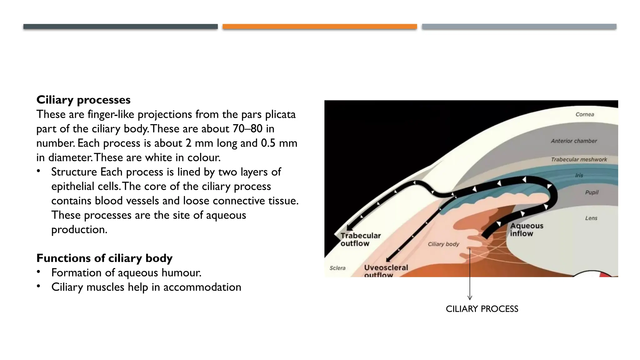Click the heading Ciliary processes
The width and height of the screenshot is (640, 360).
click(83, 100)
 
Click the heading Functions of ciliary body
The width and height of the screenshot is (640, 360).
click(104, 258)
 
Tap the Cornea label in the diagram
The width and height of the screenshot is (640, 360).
click(584, 114)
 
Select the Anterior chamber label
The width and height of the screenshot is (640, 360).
click(573, 141)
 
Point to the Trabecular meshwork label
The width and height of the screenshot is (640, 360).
click(578, 159)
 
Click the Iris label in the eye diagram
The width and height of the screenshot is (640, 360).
click(579, 175)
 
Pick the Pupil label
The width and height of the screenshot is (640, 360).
click(592, 192)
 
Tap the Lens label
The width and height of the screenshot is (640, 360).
click(591, 218)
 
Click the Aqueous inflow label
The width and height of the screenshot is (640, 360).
click(527, 230)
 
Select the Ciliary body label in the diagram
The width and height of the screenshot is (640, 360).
click(443, 244)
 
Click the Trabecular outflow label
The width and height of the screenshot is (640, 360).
click(360, 239)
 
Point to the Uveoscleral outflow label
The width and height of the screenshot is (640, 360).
click(386, 271)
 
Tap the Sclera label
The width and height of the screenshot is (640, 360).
click(337, 268)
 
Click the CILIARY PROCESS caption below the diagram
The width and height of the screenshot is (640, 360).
click(482, 309)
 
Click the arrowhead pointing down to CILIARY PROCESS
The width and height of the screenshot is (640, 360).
click(469, 298)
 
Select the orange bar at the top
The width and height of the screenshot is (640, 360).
click(319, 27)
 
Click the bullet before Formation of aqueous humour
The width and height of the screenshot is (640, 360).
click(38, 272)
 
